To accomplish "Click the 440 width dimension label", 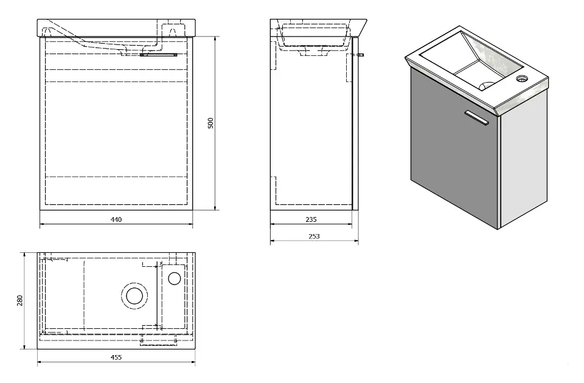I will [116, 219].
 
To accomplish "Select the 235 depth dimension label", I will [311, 219].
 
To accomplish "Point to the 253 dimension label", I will [314, 236].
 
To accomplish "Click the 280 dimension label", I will [20, 300].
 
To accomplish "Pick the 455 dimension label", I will [116, 357].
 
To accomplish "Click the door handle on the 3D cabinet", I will [476, 118].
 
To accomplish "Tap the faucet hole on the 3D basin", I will [521, 78].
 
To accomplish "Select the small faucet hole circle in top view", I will [174, 278].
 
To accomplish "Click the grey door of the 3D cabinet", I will [453, 152].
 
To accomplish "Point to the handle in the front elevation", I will [158, 55].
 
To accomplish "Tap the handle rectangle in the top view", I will [159, 334].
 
